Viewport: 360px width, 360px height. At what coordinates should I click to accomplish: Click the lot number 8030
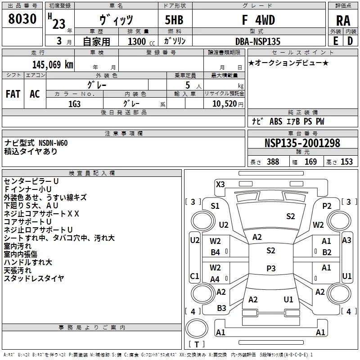(x=22, y=19)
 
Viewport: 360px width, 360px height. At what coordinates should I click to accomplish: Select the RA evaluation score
(x=343, y=21)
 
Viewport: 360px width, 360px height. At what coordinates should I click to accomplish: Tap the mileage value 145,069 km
(x=53, y=65)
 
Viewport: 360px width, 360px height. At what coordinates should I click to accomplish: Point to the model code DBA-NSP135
(x=258, y=41)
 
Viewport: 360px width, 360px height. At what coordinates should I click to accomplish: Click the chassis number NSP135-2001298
(x=302, y=143)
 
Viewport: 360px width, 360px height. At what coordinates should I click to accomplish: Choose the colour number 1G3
(x=74, y=104)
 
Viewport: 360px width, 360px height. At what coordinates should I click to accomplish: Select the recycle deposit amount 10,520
(x=225, y=104)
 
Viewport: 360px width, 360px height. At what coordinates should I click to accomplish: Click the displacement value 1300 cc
(x=141, y=41)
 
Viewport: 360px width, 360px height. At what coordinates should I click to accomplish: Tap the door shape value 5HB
(x=174, y=20)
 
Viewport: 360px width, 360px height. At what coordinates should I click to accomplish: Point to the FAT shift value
(x=13, y=94)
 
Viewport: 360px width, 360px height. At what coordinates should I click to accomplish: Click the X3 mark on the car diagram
(x=220, y=184)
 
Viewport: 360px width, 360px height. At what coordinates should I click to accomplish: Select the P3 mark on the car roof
(x=271, y=268)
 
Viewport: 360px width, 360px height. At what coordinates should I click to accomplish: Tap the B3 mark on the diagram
(x=221, y=308)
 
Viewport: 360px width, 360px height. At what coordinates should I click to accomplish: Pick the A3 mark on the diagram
(x=346, y=240)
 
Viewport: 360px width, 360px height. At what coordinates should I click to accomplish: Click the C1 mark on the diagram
(x=194, y=276)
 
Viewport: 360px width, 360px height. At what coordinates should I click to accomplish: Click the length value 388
(x=273, y=162)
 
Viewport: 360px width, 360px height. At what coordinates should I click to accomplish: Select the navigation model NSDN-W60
(x=53, y=143)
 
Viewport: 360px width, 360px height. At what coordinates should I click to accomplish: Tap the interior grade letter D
(x=350, y=41)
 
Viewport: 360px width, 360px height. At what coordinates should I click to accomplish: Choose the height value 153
(x=346, y=162)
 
